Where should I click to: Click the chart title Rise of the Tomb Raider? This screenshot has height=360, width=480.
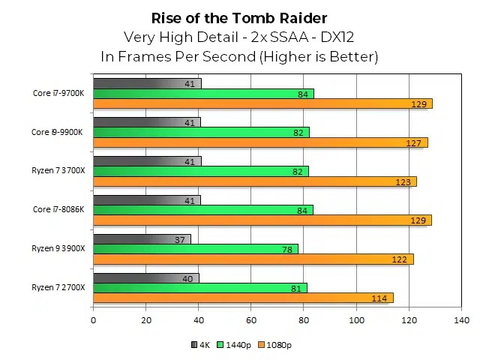click(x=239, y=17)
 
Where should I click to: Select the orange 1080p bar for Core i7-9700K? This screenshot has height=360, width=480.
click(x=262, y=103)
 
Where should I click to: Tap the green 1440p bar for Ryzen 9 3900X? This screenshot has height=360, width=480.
click(x=195, y=249)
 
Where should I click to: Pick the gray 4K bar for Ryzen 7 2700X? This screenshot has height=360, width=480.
click(x=145, y=278)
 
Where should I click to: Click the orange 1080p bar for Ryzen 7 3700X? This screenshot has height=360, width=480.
click(x=254, y=181)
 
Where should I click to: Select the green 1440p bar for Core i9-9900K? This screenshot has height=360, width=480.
click(x=200, y=133)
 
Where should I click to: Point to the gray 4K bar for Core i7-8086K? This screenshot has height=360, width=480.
click(x=147, y=200)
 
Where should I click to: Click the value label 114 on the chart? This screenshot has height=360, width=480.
click(x=379, y=298)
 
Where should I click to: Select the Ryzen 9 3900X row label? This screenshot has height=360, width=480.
click(x=58, y=248)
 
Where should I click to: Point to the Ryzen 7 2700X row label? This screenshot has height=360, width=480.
click(x=58, y=287)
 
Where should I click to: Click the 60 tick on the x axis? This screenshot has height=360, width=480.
click(x=250, y=321)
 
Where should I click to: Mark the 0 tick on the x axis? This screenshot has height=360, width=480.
click(x=93, y=321)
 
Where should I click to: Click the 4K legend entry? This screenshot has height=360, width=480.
click(x=200, y=345)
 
